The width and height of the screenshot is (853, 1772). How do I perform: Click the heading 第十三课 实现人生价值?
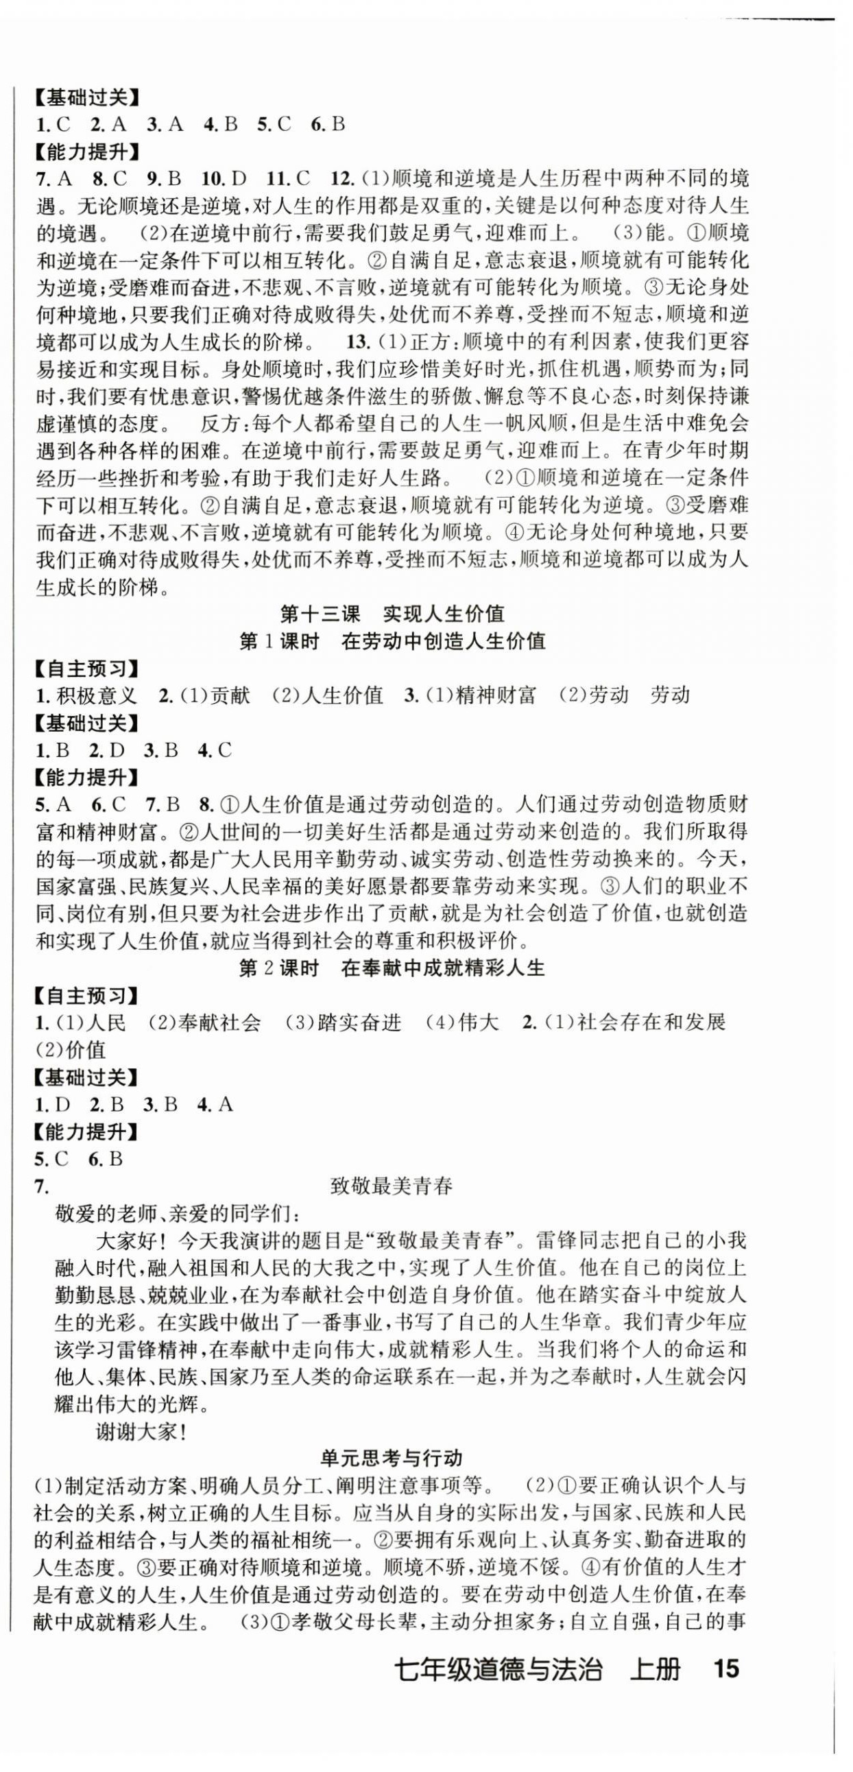pos(392,614)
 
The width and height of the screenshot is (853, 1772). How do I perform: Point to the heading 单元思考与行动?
pos(391,1457)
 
